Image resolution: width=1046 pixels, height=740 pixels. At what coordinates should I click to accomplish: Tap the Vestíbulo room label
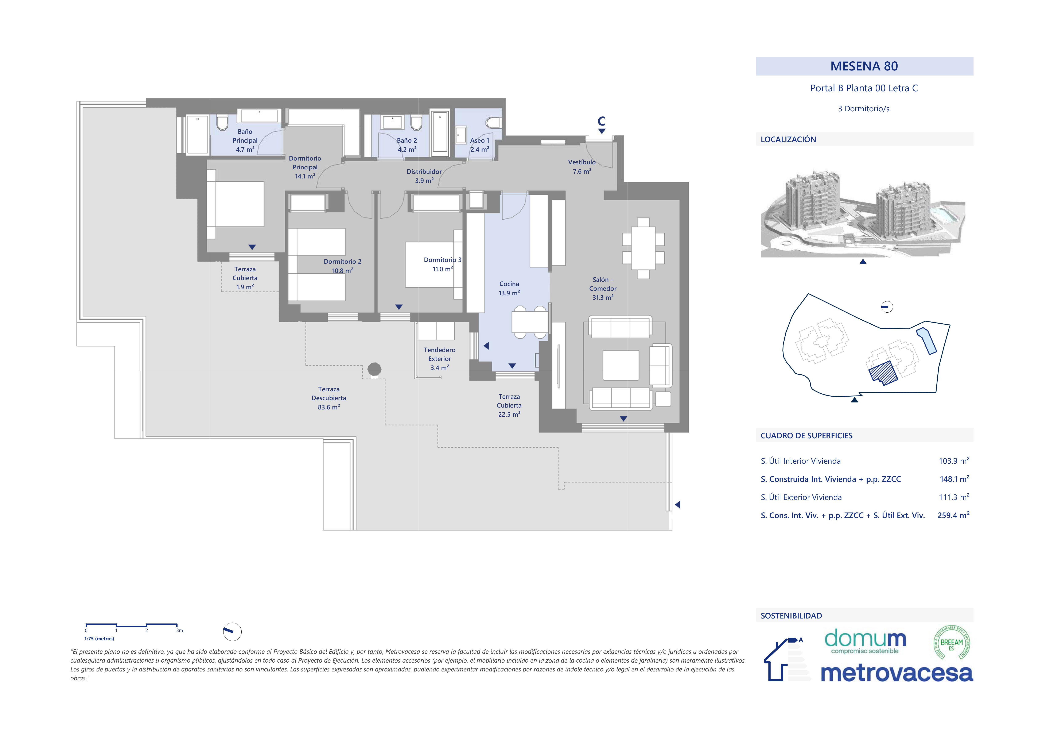(x=582, y=162)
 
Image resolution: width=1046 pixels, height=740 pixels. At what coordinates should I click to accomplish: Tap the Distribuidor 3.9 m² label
(x=424, y=176)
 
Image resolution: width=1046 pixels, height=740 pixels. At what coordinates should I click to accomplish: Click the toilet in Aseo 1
(x=493, y=123)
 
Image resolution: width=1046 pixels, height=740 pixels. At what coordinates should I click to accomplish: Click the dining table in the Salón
(x=643, y=248)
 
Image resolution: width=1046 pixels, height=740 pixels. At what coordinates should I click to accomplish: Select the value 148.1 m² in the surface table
(x=954, y=479)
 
